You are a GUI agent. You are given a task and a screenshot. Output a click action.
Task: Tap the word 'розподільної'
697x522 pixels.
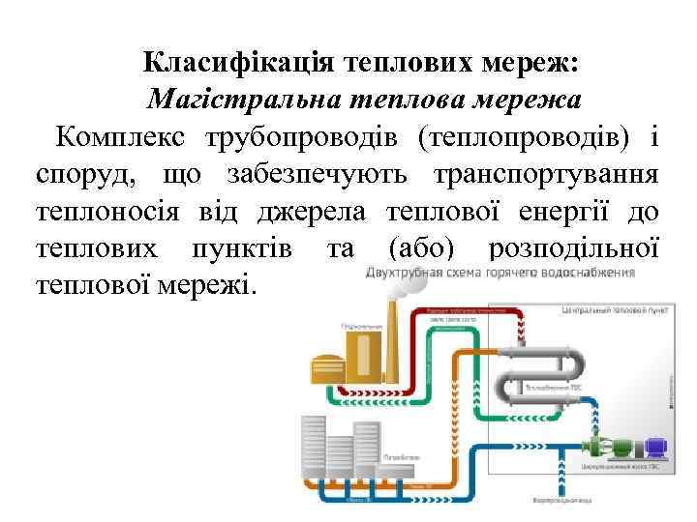(x=574, y=247)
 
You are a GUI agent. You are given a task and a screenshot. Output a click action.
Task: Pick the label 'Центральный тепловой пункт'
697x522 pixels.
(x=611, y=311)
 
